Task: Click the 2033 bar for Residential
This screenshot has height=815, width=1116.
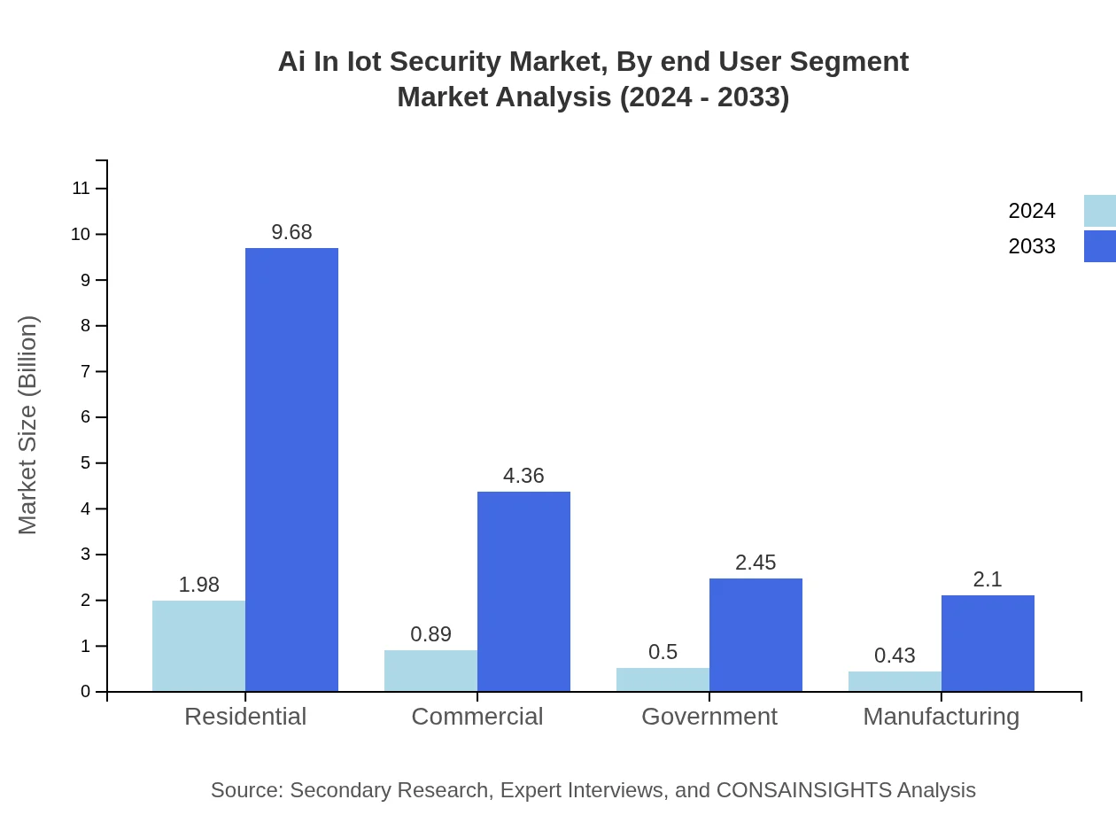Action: [291, 470]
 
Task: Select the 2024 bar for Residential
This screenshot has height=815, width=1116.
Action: [198, 646]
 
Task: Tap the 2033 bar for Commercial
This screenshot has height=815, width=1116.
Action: [523, 591]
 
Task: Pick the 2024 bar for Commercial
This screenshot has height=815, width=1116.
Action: [430, 671]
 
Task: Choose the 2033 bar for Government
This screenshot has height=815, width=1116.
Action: [756, 634]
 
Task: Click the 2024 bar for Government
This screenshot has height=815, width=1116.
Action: [663, 679]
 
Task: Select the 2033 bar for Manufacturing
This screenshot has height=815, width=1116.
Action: [988, 643]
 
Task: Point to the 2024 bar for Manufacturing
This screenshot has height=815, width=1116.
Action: [895, 681]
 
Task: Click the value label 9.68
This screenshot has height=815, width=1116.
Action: [291, 232]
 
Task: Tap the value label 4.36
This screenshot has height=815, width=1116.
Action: [523, 476]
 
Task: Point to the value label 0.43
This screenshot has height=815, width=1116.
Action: [895, 656]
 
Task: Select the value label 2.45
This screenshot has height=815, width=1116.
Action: [756, 563]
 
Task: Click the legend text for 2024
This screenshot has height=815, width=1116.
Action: [1032, 211]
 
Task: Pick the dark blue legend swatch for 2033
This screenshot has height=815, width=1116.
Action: [1100, 246]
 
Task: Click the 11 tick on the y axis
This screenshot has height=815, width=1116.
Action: [81, 188]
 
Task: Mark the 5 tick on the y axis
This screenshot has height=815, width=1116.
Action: [86, 462]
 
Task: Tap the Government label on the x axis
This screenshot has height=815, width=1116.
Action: [709, 716]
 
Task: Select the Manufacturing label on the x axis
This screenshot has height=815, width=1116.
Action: [942, 716]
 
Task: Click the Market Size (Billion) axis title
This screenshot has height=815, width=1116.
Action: [28, 425]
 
